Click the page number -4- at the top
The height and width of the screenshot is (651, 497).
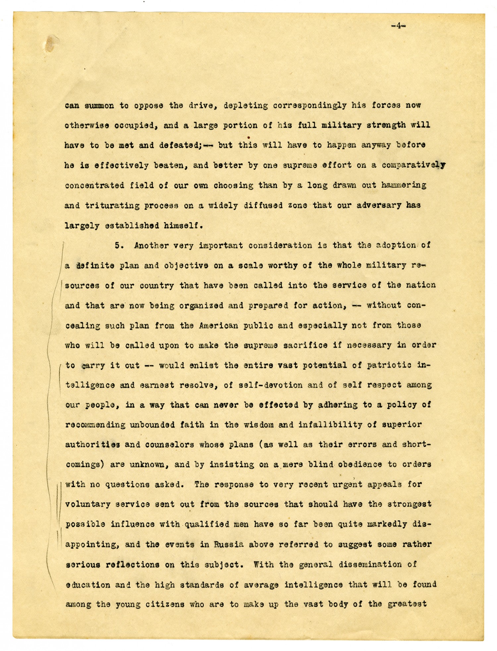398,26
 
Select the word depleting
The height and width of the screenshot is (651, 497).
246,106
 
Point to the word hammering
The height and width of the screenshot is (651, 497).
404,185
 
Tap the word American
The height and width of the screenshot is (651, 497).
219,325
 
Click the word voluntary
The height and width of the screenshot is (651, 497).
88,504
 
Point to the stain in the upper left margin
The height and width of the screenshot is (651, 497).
50,44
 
